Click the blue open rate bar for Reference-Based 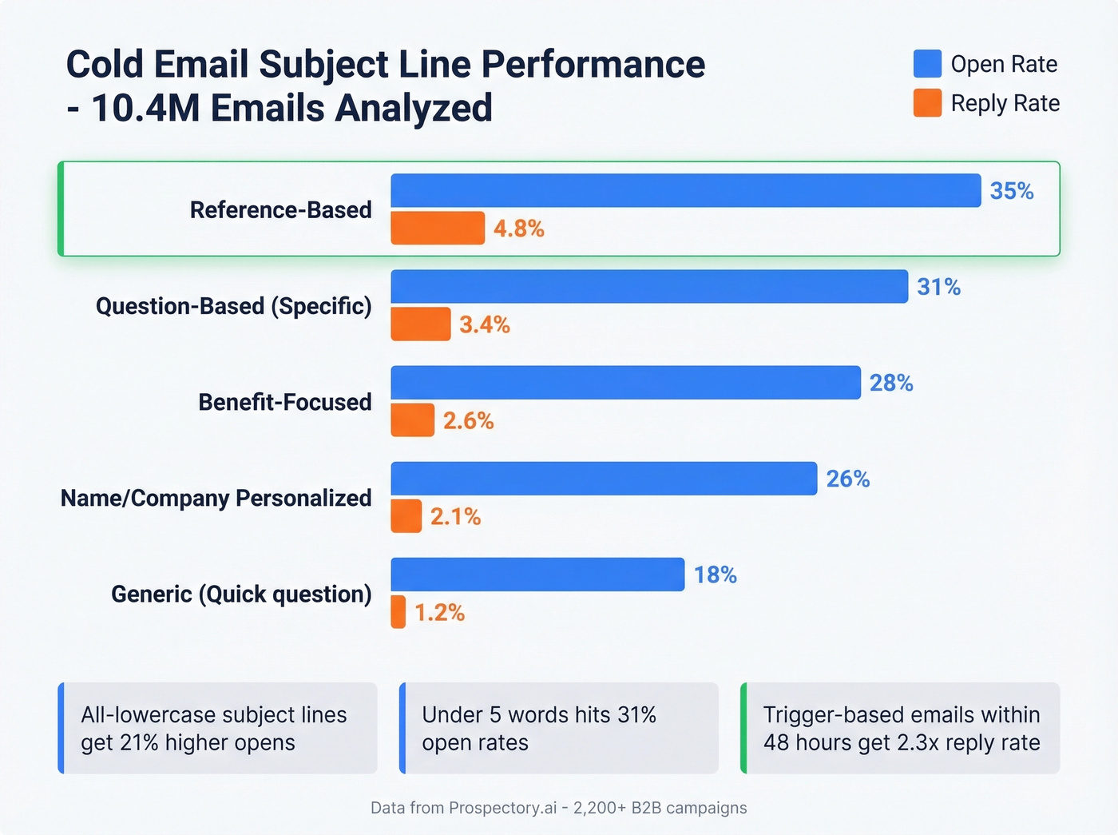(x=685, y=190)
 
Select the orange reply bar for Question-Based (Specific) (x=420, y=324)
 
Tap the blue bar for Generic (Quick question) (x=537, y=575)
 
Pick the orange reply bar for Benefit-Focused (x=412, y=420)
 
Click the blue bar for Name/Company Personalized (x=604, y=479)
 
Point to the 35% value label (x=1011, y=191)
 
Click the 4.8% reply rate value (x=518, y=229)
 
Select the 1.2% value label (x=439, y=613)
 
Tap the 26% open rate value (x=847, y=479)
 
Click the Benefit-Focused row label (x=284, y=402)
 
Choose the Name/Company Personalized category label (x=216, y=498)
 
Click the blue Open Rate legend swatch (x=927, y=64)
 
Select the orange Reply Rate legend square (x=927, y=103)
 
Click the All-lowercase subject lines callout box (x=217, y=728)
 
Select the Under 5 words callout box (x=558, y=728)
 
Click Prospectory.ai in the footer (x=502, y=808)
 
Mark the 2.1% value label (x=455, y=517)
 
